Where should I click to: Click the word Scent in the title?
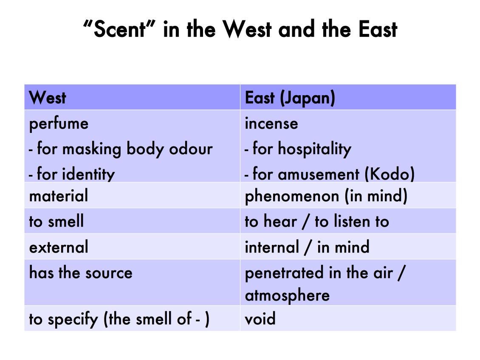pos(119,30)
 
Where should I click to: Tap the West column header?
pos(48,98)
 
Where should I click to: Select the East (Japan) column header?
pos(290,98)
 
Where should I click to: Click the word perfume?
pos(59,124)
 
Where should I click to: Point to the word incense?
pos(271,124)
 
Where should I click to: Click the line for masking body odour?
pos(121,149)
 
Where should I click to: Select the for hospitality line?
pos(298,149)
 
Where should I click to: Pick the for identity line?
pos(72,174)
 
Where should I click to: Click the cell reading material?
pos(59,196)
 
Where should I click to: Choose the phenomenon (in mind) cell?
pos(326,196)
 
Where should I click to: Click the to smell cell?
pos(56,221)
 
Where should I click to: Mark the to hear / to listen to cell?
pos(316,221)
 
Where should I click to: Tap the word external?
pos(59,247)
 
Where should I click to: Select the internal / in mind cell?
pos(307,247)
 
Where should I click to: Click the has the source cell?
pos(81,273)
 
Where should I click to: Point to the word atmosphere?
pos(287,295)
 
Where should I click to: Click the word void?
pos(260,319)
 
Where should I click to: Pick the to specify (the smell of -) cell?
pos(119,319)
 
